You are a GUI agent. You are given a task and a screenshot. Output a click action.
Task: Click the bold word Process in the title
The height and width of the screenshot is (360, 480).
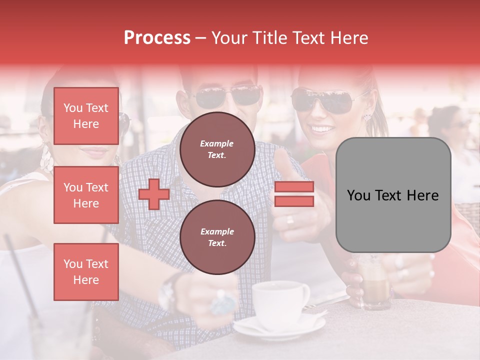coord(157,38)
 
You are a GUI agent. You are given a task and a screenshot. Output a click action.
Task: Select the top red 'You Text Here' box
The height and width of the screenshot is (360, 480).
coord(86,116)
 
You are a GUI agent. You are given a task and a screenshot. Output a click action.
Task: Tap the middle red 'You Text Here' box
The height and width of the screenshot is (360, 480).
coord(86,195)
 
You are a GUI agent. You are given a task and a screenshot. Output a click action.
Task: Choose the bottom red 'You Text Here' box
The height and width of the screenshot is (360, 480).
coord(86,272)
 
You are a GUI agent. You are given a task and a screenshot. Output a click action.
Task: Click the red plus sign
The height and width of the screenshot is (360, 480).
coord(154,193)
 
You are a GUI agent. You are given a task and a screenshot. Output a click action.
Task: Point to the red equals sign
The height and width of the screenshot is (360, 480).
coord(294,194)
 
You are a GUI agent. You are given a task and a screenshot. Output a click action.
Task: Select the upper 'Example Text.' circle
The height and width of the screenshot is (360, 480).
coord(217,149)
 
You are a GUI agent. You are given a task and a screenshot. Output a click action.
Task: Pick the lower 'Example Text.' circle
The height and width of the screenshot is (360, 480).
coord(217,237)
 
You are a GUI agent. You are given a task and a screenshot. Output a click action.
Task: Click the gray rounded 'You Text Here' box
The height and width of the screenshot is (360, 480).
coord(393,195)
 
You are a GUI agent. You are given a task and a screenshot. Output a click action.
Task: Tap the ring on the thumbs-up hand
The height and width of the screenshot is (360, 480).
coord(290,220)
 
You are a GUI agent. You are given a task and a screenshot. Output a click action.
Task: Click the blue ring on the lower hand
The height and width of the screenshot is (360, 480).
coord(222,302)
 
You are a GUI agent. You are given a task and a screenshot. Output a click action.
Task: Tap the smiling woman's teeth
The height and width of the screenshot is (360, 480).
coord(323,129)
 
